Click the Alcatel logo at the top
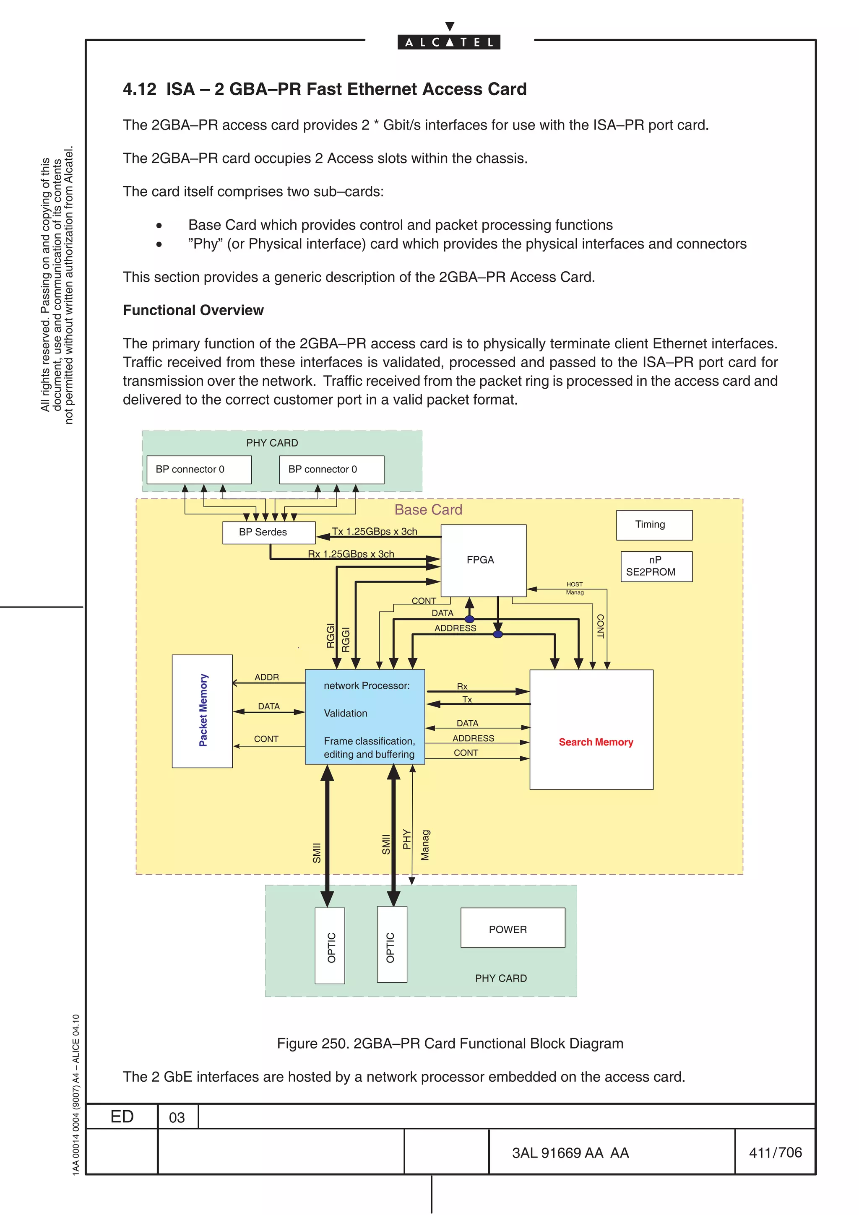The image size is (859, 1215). point(448,41)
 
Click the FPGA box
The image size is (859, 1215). point(483,560)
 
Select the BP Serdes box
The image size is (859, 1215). point(268,532)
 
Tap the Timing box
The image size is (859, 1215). point(653,524)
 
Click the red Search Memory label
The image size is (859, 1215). point(596,742)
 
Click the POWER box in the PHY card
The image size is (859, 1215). point(512,929)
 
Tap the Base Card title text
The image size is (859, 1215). point(428,509)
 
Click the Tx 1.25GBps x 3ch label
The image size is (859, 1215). point(374,531)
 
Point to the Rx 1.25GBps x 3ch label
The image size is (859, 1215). point(351,554)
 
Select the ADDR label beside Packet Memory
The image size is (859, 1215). point(266,678)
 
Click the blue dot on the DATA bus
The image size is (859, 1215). point(469,619)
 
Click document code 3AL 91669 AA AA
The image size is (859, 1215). point(570,1153)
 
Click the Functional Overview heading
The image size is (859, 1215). point(193,310)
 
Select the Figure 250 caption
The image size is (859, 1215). point(450,1044)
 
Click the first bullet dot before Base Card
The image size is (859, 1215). point(159,226)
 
